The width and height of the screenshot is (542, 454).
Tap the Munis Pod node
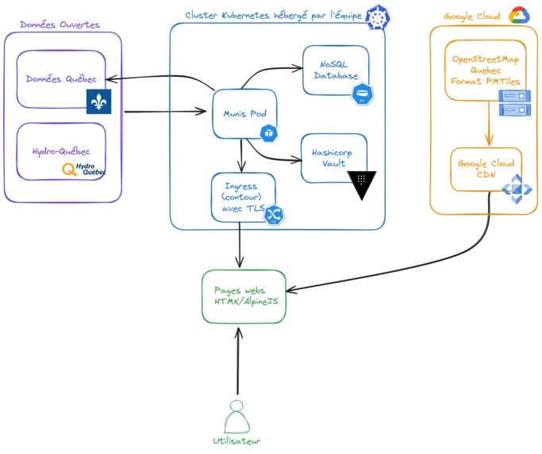coord(244,114)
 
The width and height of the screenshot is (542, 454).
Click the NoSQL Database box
coord(335,70)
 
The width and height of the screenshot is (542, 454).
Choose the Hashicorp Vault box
coord(333,157)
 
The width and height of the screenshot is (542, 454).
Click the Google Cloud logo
coord(519,15)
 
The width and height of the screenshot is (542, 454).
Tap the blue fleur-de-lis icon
coord(98,101)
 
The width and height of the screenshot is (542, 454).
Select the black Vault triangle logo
coord(362,184)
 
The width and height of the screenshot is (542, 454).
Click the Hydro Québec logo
coord(85,169)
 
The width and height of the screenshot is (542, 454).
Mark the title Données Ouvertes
coord(60,25)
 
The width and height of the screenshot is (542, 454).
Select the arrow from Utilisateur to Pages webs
coord(236,360)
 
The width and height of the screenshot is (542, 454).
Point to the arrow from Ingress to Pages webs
coord(240,245)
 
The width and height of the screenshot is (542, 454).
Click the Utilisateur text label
coord(236,441)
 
